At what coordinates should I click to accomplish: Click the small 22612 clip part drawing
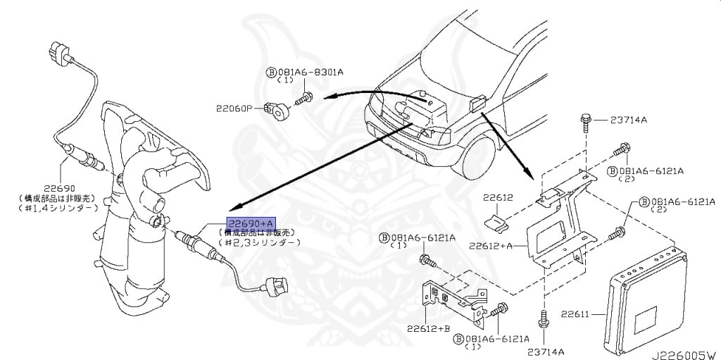coord(496,225)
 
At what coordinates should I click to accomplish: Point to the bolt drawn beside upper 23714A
coord(586,124)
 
